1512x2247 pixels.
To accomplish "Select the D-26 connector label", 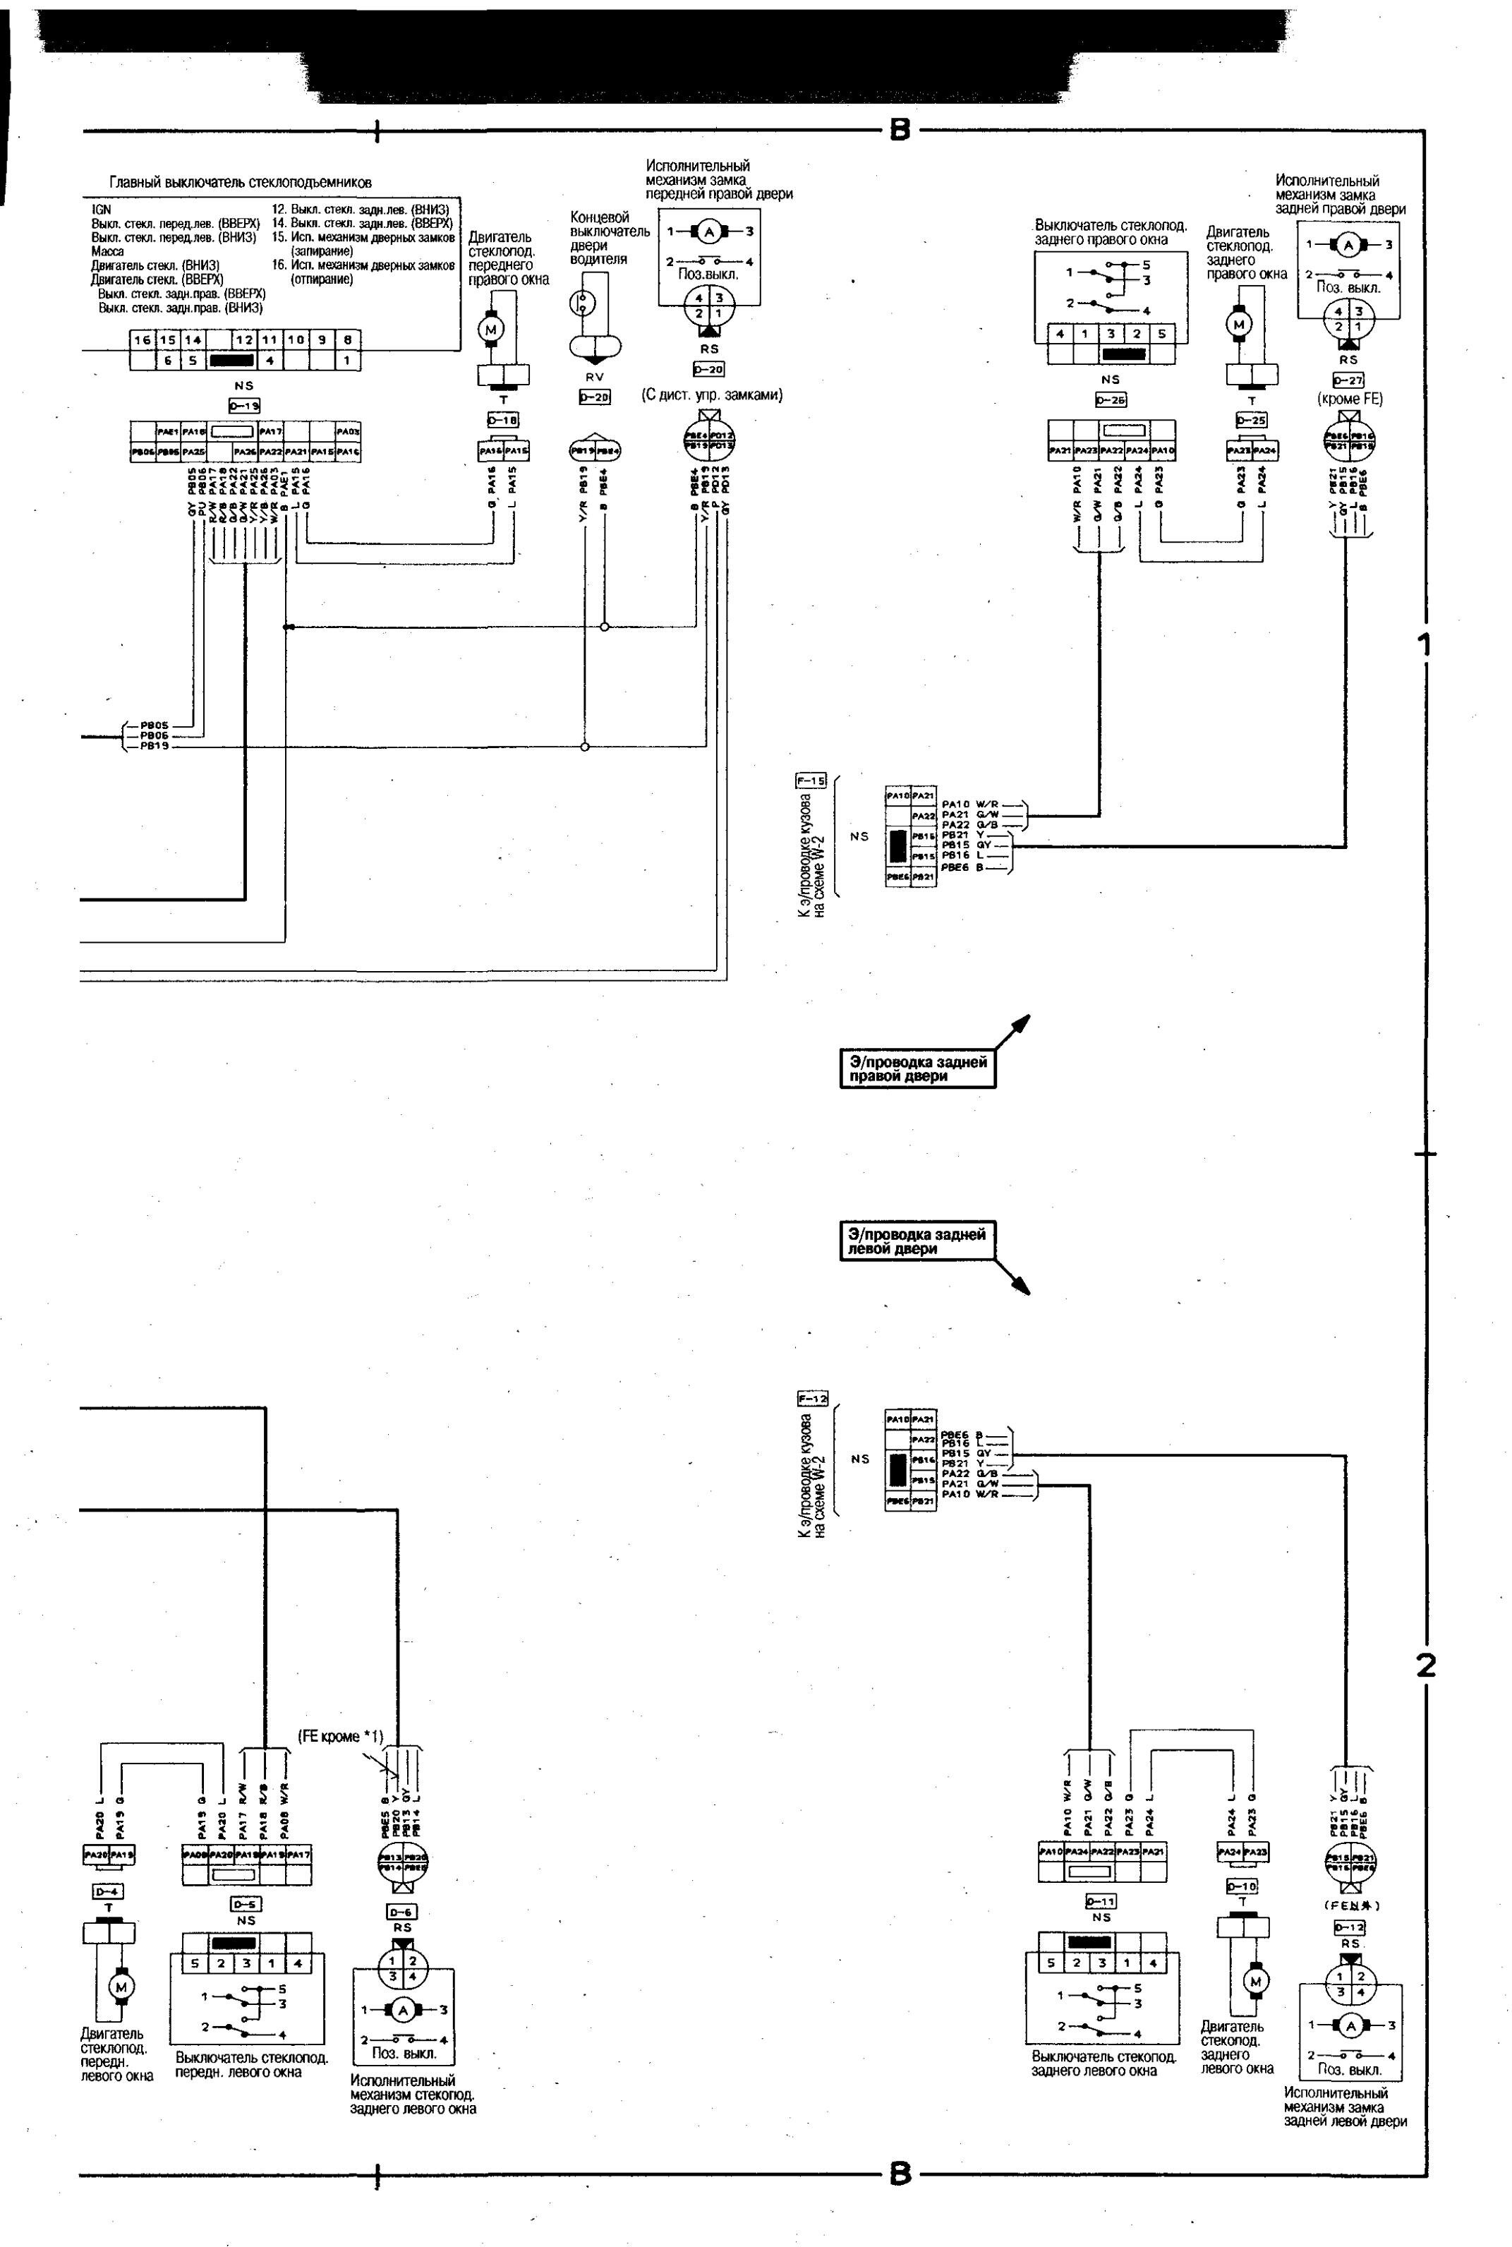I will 1111,399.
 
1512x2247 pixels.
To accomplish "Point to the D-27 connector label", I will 1348,380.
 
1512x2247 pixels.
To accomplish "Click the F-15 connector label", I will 811,781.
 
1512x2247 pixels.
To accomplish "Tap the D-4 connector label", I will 108,1891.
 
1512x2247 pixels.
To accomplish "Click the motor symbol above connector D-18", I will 492,330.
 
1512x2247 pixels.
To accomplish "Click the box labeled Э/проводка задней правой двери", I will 917,1068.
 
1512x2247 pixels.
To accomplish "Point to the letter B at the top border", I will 899,129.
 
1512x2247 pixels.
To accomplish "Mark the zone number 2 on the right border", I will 1426,1665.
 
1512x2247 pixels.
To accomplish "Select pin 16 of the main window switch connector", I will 143,339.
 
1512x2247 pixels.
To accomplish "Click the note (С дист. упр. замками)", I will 712,394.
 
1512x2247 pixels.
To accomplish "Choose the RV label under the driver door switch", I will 594,377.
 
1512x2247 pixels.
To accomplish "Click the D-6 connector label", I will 402,1911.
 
